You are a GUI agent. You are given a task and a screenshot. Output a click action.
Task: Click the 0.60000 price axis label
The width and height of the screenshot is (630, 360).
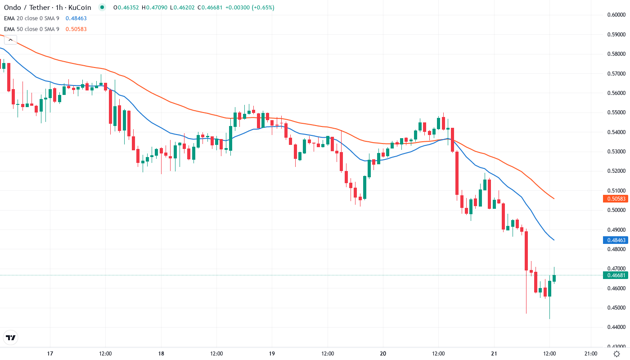(616, 15)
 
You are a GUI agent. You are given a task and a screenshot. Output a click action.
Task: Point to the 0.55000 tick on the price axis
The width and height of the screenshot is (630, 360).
(616, 112)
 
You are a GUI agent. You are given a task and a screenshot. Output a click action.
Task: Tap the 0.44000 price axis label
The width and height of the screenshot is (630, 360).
(616, 327)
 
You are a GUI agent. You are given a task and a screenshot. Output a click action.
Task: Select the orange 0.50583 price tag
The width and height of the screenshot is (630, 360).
(616, 198)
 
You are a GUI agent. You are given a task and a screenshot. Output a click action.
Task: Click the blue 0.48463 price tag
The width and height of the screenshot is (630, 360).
(616, 240)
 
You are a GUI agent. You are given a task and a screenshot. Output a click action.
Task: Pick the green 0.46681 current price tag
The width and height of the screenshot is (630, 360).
(616, 275)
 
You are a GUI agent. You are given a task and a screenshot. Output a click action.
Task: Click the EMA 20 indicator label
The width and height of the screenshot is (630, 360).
(31, 18)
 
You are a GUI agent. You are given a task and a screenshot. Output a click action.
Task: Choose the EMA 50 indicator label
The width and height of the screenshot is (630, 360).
(31, 29)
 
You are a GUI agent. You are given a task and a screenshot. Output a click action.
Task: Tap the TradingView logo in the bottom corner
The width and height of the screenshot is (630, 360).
(10, 337)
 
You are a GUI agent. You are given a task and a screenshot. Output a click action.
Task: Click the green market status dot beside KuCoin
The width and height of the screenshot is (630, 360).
(102, 8)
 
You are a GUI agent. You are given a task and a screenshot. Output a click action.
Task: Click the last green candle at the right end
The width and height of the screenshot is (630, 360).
(554, 279)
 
